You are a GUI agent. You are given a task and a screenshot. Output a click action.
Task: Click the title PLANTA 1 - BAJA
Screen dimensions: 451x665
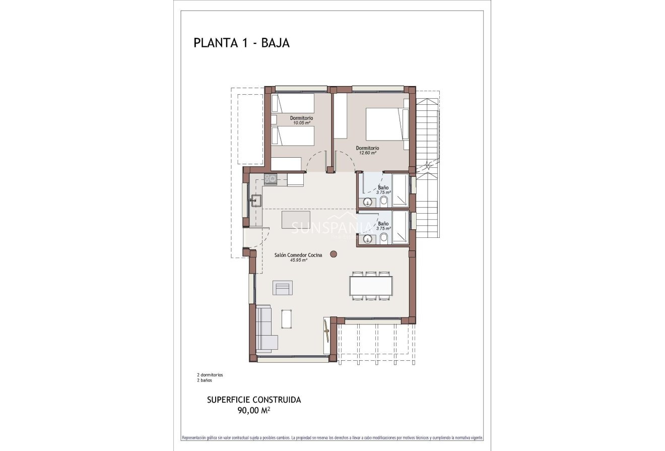point(241,43)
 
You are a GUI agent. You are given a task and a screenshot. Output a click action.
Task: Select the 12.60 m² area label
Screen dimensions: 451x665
point(367,153)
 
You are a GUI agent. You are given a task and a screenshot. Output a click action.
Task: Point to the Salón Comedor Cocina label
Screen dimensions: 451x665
point(298,255)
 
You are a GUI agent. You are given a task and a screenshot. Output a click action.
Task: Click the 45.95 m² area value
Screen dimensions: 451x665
point(298,261)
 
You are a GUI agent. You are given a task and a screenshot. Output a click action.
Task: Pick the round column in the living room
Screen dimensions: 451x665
point(333,254)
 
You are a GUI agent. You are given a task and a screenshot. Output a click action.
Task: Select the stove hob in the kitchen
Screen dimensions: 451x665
point(270,178)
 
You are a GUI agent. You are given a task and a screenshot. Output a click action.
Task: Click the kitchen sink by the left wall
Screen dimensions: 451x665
point(255,201)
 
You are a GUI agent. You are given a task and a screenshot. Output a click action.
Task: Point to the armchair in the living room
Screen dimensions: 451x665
point(282,288)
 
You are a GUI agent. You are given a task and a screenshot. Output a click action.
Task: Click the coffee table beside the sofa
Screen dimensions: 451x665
point(287,318)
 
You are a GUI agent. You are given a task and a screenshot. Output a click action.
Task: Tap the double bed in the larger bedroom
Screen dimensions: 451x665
point(385,124)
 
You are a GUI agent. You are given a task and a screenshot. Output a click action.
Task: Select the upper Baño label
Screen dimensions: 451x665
point(383,187)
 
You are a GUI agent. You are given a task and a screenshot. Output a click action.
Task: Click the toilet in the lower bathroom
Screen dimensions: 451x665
point(384,238)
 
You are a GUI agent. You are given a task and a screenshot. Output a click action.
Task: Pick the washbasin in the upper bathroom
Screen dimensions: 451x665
point(368,203)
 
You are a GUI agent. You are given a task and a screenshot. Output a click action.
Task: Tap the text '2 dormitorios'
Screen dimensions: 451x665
point(210,375)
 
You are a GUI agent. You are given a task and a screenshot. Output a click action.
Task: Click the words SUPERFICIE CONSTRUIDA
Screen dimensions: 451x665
point(254,400)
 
